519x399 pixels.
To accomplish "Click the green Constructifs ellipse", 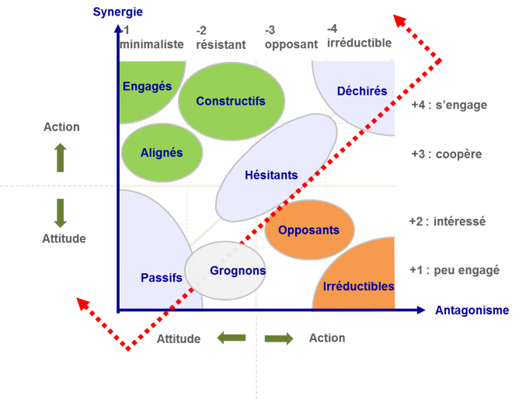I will pyautogui.click(x=231, y=101).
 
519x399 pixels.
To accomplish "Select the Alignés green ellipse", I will pyautogui.click(x=162, y=153).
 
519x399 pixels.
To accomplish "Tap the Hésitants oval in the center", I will pyautogui.click(x=271, y=175).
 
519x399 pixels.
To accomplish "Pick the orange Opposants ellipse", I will pyautogui.click(x=309, y=230).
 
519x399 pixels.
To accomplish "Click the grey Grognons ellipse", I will pyautogui.click(x=225, y=271).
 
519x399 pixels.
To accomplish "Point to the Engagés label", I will pyautogui.click(x=147, y=87).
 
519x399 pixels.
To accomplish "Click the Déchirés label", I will pyautogui.click(x=362, y=92).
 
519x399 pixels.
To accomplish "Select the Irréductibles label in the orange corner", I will pyautogui.click(x=358, y=286).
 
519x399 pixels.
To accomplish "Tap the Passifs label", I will pyautogui.click(x=162, y=278).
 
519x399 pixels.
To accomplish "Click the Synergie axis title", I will pyautogui.click(x=117, y=12).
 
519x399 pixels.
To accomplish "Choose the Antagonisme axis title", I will pyautogui.click(x=472, y=311).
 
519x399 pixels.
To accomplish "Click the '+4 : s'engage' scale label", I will pyautogui.click(x=449, y=105).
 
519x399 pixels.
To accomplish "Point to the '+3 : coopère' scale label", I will pyautogui.click(x=446, y=154).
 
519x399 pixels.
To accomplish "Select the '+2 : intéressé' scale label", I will pyautogui.click(x=447, y=221).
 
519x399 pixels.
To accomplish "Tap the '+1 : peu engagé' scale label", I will pyautogui.click(x=455, y=270).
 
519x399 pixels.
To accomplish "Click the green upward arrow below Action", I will pyautogui.click(x=61, y=158).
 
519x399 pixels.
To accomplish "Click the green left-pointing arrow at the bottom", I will pyautogui.click(x=232, y=338).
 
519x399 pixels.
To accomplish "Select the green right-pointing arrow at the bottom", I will pyautogui.click(x=279, y=338).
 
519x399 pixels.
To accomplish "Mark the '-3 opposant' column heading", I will pyautogui.click(x=291, y=37).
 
